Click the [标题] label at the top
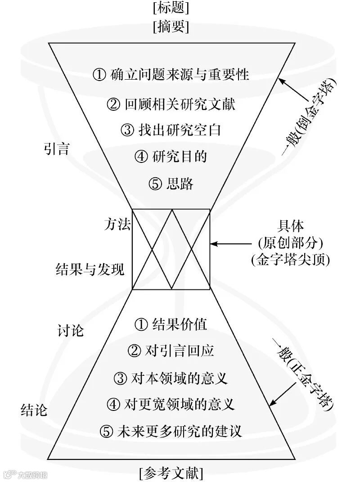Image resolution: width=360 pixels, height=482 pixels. point(171,8)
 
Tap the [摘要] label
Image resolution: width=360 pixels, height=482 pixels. point(171,27)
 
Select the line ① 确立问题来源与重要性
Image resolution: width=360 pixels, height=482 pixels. point(171,74)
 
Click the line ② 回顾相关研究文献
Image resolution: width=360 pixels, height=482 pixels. point(171,104)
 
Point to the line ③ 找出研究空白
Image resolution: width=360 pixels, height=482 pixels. point(171,131)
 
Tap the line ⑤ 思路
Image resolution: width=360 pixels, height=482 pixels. point(171,184)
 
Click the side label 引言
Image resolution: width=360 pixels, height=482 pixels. point(57,149)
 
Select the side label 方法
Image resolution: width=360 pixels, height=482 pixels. point(117,225)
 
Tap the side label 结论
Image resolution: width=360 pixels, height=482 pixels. point(34,410)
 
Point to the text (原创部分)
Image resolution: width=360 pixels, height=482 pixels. point(291,243)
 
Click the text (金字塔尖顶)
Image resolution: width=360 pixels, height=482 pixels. point(291,260)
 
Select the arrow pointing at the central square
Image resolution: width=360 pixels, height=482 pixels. point(229,244)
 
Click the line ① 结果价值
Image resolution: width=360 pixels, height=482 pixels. point(171,324)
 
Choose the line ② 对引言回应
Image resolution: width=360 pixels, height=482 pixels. point(171,350)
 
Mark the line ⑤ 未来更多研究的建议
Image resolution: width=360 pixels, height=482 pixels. point(171,431)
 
